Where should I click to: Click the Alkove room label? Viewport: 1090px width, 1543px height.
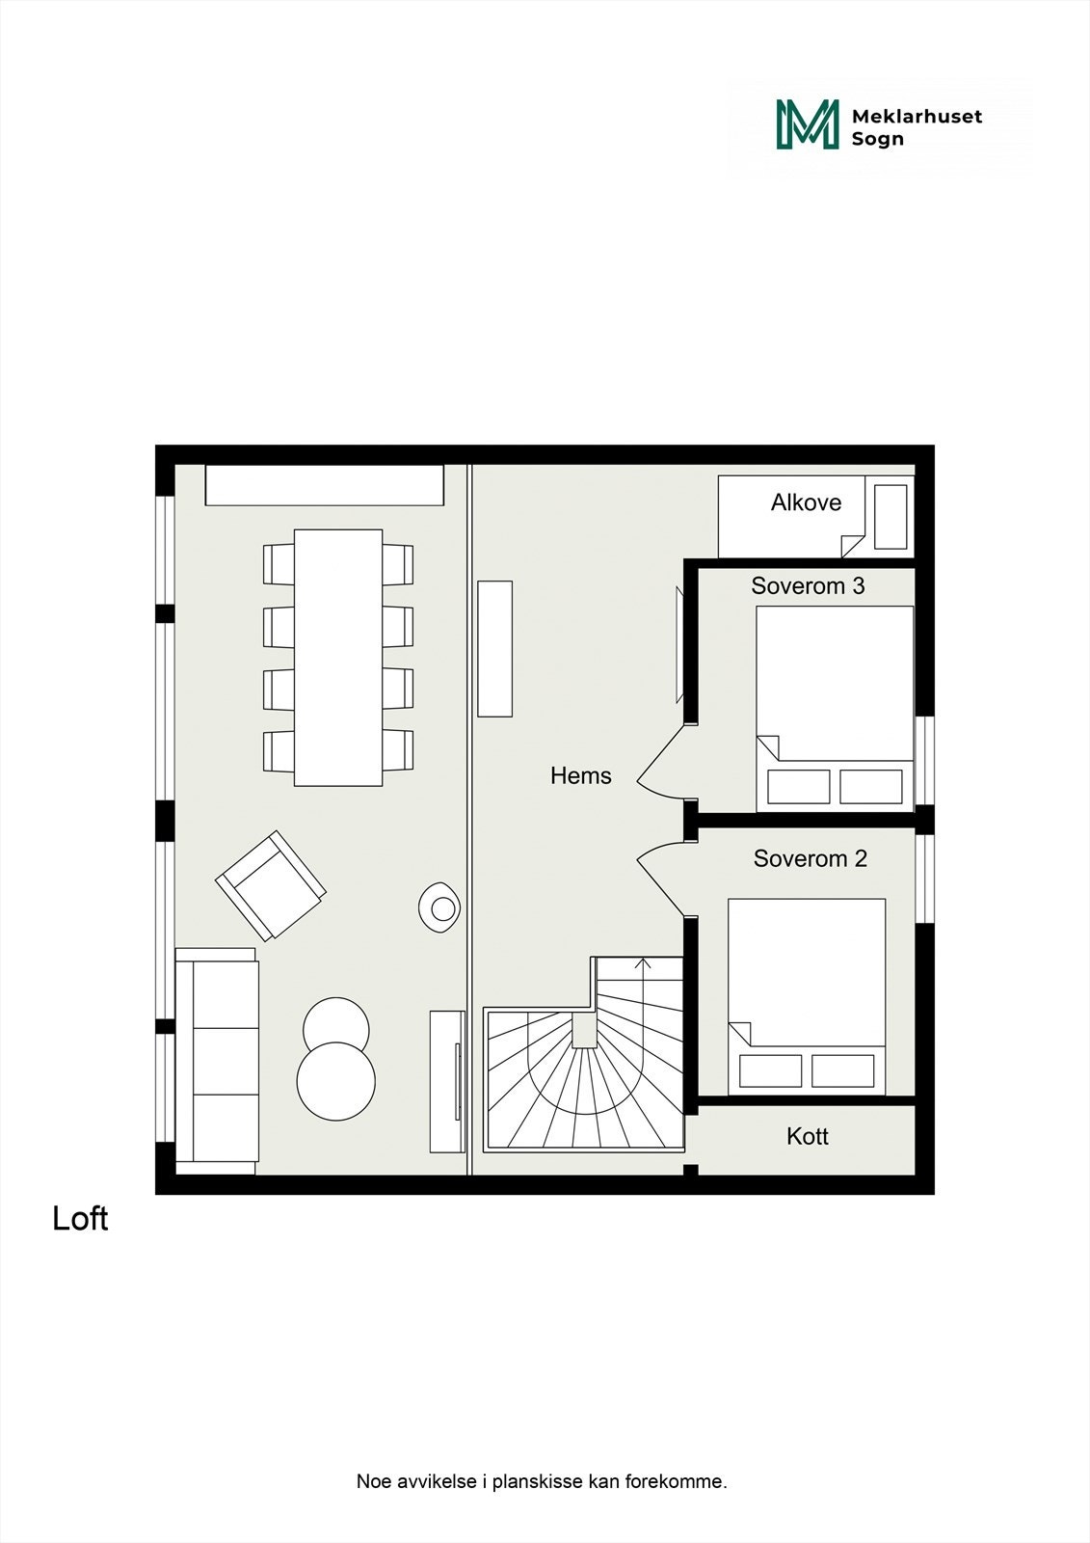(x=806, y=502)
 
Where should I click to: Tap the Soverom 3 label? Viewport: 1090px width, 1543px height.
(x=808, y=585)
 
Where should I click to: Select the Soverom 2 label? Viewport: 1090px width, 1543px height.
(x=810, y=858)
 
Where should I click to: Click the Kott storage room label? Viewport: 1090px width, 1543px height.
(x=807, y=1136)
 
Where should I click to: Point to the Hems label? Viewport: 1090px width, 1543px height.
(x=580, y=775)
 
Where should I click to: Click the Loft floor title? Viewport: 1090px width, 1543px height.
(x=80, y=1219)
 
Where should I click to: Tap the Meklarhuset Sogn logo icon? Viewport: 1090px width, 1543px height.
(x=808, y=125)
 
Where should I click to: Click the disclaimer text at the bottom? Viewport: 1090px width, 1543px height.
(x=542, y=1481)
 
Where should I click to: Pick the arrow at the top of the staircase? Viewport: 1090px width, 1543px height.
(x=644, y=964)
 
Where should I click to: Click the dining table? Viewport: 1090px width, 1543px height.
(x=338, y=657)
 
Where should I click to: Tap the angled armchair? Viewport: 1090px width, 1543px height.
(x=270, y=884)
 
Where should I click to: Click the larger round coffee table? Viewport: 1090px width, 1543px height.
(x=335, y=1081)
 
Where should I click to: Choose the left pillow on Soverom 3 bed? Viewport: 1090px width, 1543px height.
(x=798, y=787)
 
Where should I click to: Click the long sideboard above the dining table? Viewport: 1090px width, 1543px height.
(x=324, y=485)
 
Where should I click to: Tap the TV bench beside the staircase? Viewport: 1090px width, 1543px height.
(x=447, y=1080)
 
